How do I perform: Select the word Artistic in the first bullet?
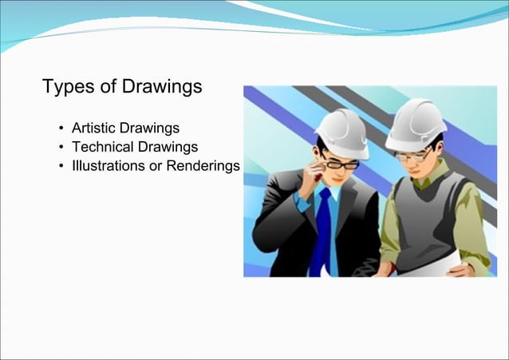[x=93, y=128]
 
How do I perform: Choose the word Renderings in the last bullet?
[x=203, y=166]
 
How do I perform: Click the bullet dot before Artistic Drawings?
[x=61, y=129]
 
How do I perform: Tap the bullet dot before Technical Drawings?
[x=61, y=148]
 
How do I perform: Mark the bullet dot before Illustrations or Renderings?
[x=61, y=167]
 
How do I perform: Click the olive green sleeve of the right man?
[x=475, y=231]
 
